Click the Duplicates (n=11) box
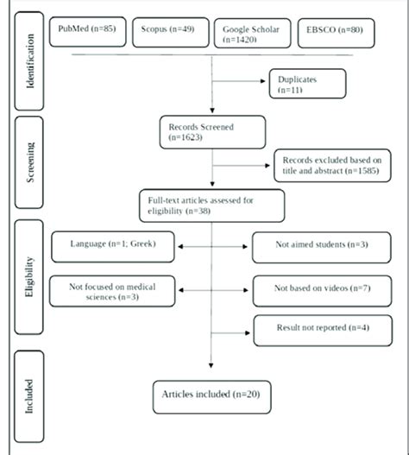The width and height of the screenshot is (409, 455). point(308,84)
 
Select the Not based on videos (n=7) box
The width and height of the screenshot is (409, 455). point(310,292)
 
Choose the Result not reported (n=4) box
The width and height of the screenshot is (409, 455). point(308,328)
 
